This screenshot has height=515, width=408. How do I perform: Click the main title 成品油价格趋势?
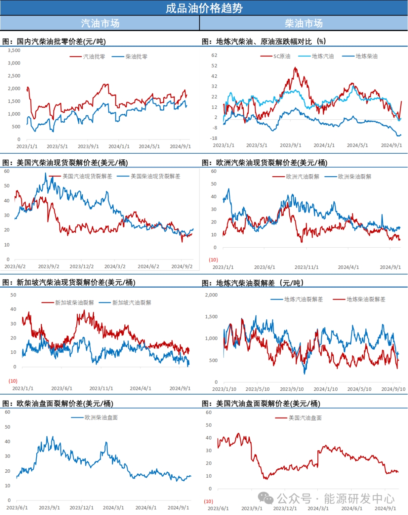pos(204,8)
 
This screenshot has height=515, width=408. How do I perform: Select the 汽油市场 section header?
pos(100,23)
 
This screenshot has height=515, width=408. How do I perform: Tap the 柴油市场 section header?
pos(304,23)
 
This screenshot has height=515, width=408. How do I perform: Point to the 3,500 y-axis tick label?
pos(14,50)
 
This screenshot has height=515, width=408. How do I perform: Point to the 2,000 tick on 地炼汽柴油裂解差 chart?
pos(211,295)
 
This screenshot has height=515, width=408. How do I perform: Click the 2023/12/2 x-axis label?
pos(82,267)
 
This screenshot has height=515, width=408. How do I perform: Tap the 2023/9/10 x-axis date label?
pos(292,389)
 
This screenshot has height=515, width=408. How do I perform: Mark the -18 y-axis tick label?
pos(213,138)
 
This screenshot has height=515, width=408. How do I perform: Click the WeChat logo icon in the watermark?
pos(266,498)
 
